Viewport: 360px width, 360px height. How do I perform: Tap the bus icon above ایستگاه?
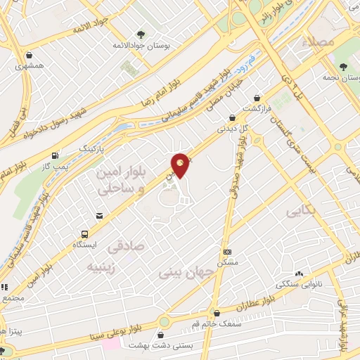(x=85, y=234)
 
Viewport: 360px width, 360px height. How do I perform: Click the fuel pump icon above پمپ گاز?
(x=55, y=155)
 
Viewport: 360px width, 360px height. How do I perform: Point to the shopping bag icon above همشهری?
(x=29, y=56)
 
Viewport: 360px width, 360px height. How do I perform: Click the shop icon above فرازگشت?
(x=257, y=98)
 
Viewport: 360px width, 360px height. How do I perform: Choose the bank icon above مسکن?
(x=226, y=251)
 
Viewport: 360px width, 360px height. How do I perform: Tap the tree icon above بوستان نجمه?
(x=341, y=67)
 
